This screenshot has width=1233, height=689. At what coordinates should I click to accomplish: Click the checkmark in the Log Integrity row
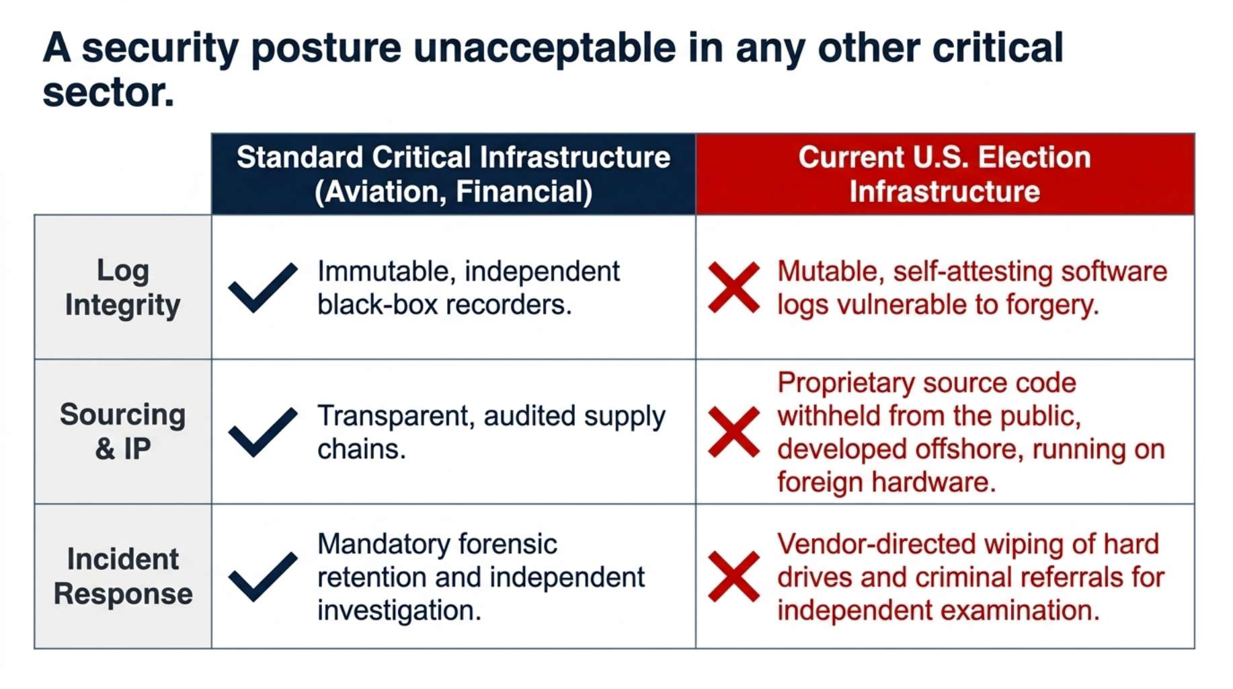pyautogui.click(x=262, y=288)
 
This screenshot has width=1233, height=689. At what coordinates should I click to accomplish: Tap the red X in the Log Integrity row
pyautogui.click(x=734, y=288)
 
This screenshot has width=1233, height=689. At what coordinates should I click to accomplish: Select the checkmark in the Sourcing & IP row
pyautogui.click(x=262, y=433)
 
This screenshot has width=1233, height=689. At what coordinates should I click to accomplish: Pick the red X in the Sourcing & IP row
pyautogui.click(x=734, y=433)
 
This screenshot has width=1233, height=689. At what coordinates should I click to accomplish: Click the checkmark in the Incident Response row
pyautogui.click(x=262, y=577)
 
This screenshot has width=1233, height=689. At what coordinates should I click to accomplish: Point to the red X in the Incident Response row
pyautogui.click(x=734, y=577)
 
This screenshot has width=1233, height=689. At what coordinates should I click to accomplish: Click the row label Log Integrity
pyautogui.click(x=123, y=287)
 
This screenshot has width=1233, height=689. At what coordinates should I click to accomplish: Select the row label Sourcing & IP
pyautogui.click(x=123, y=431)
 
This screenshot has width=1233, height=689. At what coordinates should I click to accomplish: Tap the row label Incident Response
pyautogui.click(x=123, y=577)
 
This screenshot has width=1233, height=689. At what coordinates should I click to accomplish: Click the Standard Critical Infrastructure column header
pyautogui.click(x=454, y=174)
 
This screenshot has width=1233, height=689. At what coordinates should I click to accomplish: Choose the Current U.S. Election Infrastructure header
pyautogui.click(x=945, y=174)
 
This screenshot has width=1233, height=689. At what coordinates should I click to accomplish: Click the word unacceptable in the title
pyautogui.click(x=545, y=48)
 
